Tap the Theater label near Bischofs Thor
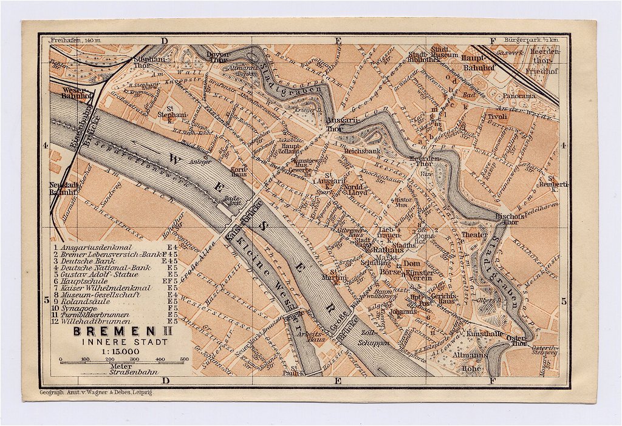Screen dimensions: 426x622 tap(474, 235)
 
